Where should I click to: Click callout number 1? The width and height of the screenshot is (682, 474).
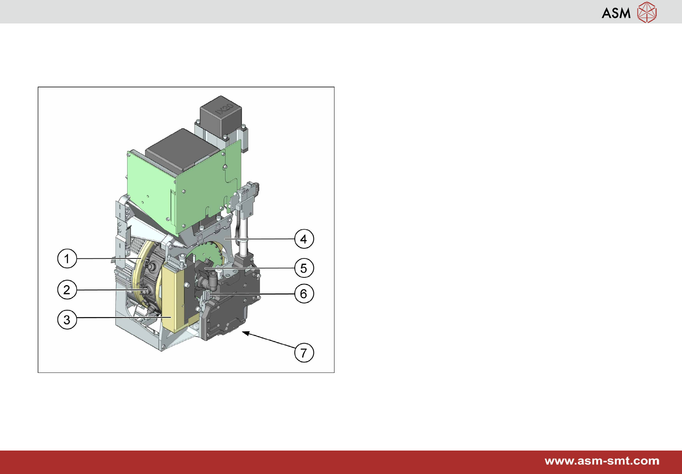67,258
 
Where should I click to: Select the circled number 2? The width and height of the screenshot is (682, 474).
67,290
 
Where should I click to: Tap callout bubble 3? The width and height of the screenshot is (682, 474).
67,320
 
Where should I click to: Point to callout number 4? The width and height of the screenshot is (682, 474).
304,239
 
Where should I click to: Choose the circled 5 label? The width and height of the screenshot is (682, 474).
304,268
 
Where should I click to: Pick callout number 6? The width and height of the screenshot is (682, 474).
304,293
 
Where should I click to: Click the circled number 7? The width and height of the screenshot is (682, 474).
304,353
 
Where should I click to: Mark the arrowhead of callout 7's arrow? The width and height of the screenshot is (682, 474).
245,333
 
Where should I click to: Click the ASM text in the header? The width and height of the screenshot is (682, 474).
616,13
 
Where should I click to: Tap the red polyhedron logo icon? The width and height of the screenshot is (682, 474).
647,12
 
